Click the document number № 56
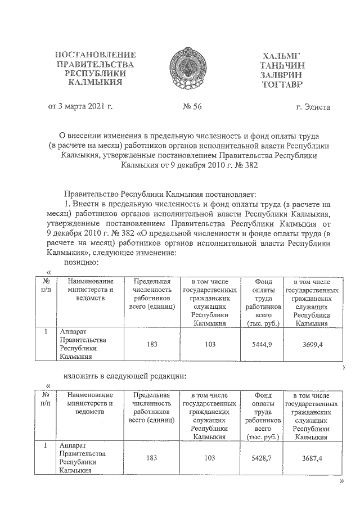point(188,107)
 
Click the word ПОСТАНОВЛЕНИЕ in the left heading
point(94,55)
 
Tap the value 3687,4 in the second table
point(312,458)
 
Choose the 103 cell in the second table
point(209,458)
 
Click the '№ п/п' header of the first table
point(45,285)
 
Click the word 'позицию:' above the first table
point(82,262)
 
